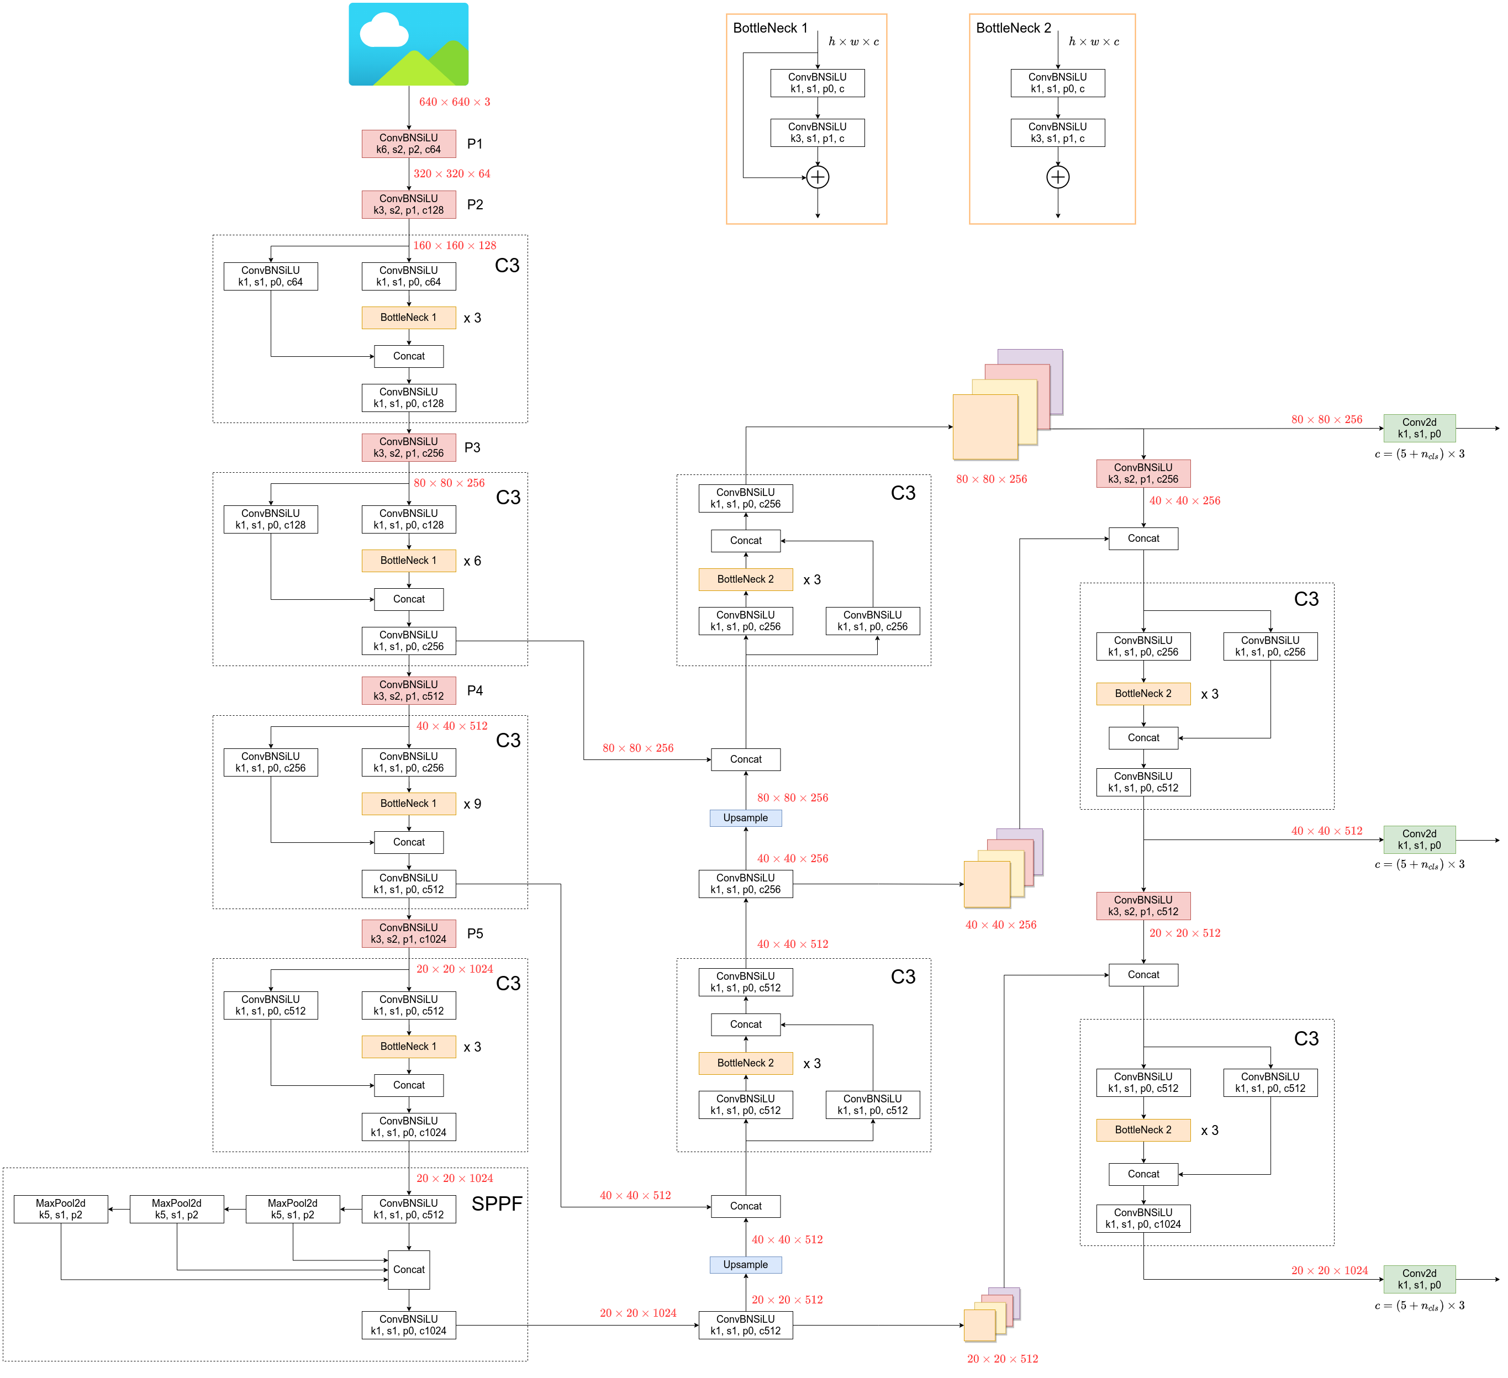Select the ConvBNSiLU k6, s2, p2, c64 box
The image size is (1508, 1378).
pos(408,144)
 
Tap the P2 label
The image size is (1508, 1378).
pos(474,205)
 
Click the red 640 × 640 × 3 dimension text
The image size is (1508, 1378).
pos(454,102)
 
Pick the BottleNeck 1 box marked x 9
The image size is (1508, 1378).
pos(408,804)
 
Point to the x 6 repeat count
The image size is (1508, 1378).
pos(472,561)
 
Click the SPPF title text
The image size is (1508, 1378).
pos(497,1203)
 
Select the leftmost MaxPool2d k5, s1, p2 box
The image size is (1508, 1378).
pos(61,1209)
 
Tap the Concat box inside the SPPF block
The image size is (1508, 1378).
pos(408,1270)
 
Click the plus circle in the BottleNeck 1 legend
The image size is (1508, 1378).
pos(818,177)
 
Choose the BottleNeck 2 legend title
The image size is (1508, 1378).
pos(1013,28)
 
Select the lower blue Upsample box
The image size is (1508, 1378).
pos(745,1264)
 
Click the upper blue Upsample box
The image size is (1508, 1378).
pos(745,817)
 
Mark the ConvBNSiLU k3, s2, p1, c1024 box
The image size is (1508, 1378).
pos(408,933)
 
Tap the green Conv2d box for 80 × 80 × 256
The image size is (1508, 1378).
pos(1419,428)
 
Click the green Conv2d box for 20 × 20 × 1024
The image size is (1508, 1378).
pos(1419,1279)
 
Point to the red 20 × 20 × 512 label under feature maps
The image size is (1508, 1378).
pos(1003,1359)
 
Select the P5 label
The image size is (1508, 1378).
pos(474,933)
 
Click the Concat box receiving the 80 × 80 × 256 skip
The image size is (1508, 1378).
pos(745,759)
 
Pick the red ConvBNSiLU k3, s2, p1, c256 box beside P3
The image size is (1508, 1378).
pos(408,447)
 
